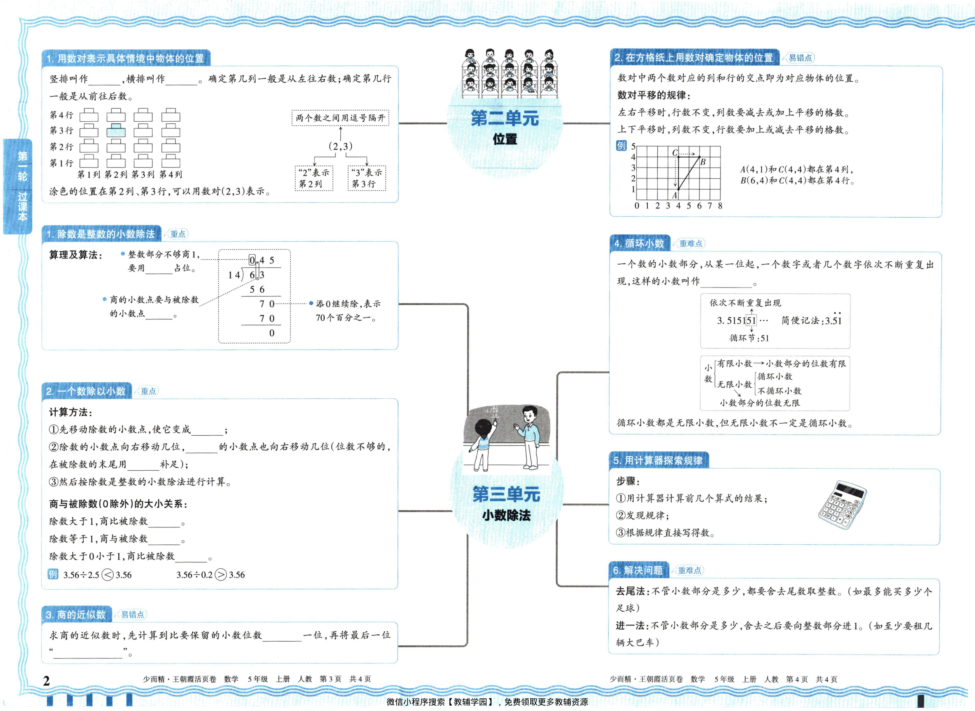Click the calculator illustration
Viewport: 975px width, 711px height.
842,504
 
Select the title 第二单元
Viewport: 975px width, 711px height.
504,118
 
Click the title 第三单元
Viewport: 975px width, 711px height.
506,494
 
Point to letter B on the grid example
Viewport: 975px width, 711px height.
703,162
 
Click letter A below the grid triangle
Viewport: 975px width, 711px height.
674,195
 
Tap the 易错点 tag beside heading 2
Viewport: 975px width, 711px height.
800,58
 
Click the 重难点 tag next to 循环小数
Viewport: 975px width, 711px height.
690,244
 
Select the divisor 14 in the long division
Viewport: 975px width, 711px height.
233,274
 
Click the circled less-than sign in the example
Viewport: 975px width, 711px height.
108,575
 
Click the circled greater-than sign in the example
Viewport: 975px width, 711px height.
220,575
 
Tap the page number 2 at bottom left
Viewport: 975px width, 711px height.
46,680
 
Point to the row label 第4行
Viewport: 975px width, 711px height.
61,115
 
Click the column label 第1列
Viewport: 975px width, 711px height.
89,174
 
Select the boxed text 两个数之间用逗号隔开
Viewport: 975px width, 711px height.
340,118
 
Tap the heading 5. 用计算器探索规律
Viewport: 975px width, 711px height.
658,460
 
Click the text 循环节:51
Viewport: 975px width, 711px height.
749,338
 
